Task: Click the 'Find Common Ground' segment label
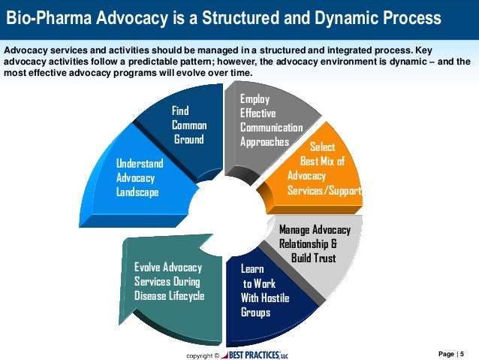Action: [x=188, y=126]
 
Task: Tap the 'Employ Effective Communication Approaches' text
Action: [x=270, y=120]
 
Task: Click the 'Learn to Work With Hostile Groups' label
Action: [x=260, y=290]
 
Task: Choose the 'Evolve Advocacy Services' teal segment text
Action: [x=169, y=281]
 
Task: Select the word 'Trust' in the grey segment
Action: [x=320, y=259]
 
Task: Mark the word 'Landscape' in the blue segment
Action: [x=137, y=192]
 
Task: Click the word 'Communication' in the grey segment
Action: [x=271, y=127]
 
